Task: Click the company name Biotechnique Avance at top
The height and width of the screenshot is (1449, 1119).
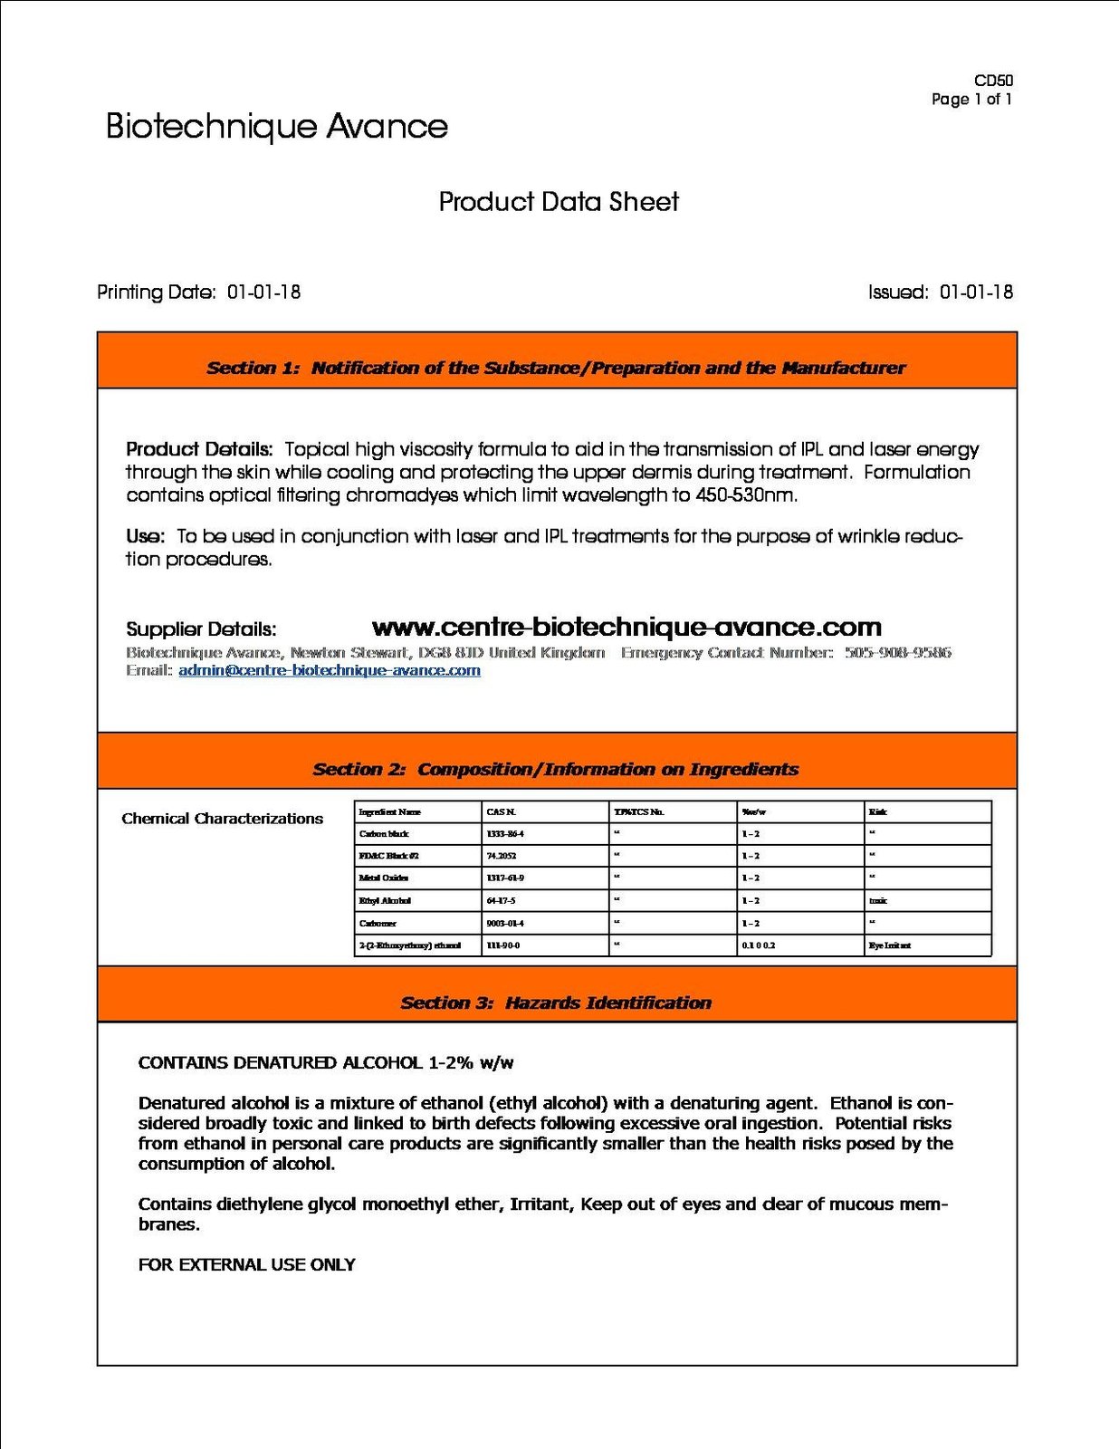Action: (x=276, y=127)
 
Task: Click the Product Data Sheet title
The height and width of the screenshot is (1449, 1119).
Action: (x=559, y=202)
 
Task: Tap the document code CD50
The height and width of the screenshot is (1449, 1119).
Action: (x=993, y=81)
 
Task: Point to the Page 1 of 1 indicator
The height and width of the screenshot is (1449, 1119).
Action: (x=971, y=100)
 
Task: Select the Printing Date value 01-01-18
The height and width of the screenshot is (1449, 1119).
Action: (x=263, y=293)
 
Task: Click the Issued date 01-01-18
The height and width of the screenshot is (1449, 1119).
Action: (x=976, y=293)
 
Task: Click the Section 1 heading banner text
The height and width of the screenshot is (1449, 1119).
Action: (x=556, y=368)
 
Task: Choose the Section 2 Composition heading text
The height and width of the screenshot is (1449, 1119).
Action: (x=556, y=770)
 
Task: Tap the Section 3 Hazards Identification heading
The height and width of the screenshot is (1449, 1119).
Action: (x=556, y=1003)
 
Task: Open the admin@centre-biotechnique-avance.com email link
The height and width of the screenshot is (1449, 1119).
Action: (x=330, y=671)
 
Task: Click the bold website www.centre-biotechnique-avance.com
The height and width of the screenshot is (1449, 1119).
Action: (x=626, y=628)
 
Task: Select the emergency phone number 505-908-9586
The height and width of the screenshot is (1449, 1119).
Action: (x=898, y=653)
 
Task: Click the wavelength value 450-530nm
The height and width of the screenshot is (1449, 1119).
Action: (x=746, y=495)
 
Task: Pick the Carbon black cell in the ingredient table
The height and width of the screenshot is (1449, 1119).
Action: (x=384, y=834)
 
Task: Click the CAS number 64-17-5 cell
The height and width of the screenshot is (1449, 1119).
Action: (x=501, y=901)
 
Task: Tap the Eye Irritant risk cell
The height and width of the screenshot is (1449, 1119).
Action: (x=889, y=945)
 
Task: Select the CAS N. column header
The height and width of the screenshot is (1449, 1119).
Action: (x=501, y=812)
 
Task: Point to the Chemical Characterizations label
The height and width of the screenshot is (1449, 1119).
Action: (x=222, y=819)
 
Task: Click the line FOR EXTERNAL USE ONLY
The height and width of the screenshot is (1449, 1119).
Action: (x=246, y=1265)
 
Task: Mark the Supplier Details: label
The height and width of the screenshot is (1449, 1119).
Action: (x=201, y=629)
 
